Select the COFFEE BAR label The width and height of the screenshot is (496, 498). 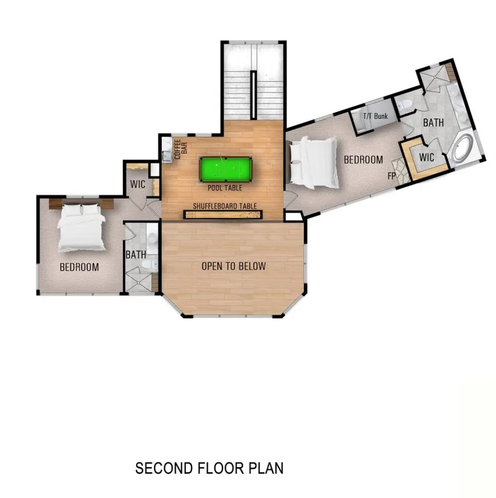pyautogui.click(x=180, y=149)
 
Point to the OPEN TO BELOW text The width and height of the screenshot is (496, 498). pyautogui.click(x=233, y=266)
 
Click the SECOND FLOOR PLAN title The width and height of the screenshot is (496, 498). pyautogui.click(x=209, y=468)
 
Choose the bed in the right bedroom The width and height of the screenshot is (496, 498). pyautogui.click(x=313, y=163)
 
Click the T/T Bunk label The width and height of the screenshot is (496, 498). pyautogui.click(x=375, y=116)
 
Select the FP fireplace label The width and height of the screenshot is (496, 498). pyautogui.click(x=391, y=176)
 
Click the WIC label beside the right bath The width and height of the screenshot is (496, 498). pyautogui.click(x=426, y=157)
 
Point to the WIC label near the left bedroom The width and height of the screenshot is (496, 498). pyautogui.click(x=137, y=184)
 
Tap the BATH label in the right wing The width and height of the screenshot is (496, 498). pyautogui.click(x=433, y=123)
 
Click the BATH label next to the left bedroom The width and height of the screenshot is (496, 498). pyautogui.click(x=136, y=255)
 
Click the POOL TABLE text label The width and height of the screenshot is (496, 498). pyautogui.click(x=224, y=188)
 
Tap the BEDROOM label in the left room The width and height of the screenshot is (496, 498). pyautogui.click(x=79, y=267)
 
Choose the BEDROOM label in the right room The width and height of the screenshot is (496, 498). pyautogui.click(x=363, y=160)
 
